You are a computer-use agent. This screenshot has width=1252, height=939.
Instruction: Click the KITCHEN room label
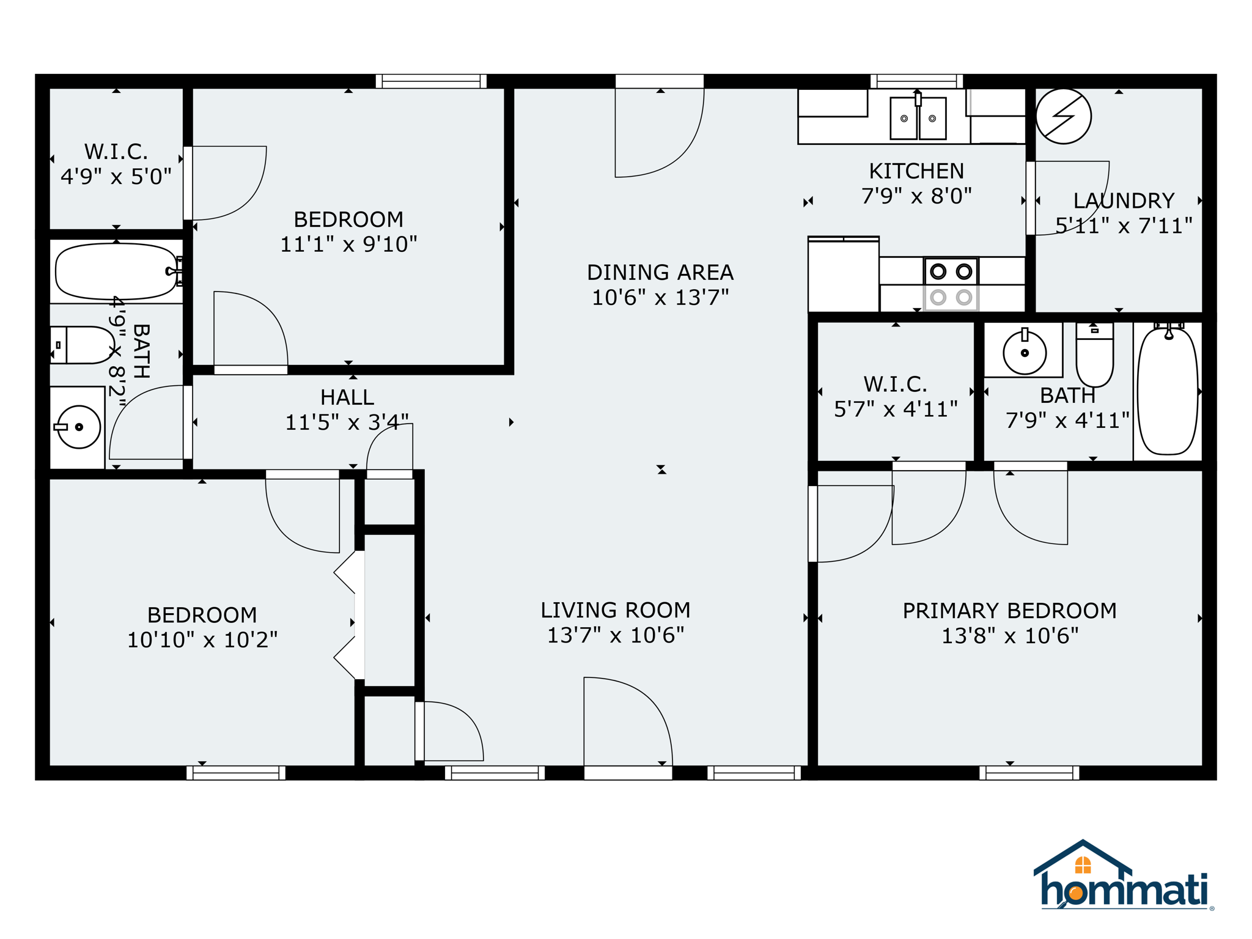tap(916, 171)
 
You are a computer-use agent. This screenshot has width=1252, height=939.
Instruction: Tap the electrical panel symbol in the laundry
tap(1063, 116)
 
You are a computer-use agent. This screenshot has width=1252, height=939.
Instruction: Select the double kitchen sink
tap(918, 118)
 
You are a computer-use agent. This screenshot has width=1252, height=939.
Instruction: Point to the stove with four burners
tap(951, 284)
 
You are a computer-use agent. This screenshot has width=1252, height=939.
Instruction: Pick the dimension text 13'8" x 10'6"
tap(1009, 636)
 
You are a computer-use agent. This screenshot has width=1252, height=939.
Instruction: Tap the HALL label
tap(347, 397)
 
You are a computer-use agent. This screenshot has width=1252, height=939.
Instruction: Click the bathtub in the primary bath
tap(1168, 391)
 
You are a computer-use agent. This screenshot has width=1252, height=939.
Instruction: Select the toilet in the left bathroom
tap(83, 345)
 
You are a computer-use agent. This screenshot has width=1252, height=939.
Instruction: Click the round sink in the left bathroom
tap(78, 427)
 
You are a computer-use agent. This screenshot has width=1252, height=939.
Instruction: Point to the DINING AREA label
tap(660, 273)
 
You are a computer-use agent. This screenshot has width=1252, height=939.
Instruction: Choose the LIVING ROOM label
tap(615, 610)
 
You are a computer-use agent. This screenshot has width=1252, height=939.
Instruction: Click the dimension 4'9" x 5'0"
tap(116, 177)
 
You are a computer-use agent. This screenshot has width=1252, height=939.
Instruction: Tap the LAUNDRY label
tap(1124, 201)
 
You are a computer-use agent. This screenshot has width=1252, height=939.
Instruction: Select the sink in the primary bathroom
tap(1024, 352)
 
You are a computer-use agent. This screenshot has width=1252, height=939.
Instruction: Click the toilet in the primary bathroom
tap(1094, 356)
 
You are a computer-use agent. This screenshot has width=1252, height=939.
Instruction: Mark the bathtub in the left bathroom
tap(116, 271)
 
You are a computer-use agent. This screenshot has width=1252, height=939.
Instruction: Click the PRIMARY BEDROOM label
tap(1009, 611)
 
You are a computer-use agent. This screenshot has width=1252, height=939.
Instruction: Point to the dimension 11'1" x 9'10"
tap(348, 245)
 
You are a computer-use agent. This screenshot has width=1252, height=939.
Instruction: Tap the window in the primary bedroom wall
tap(1029, 773)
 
